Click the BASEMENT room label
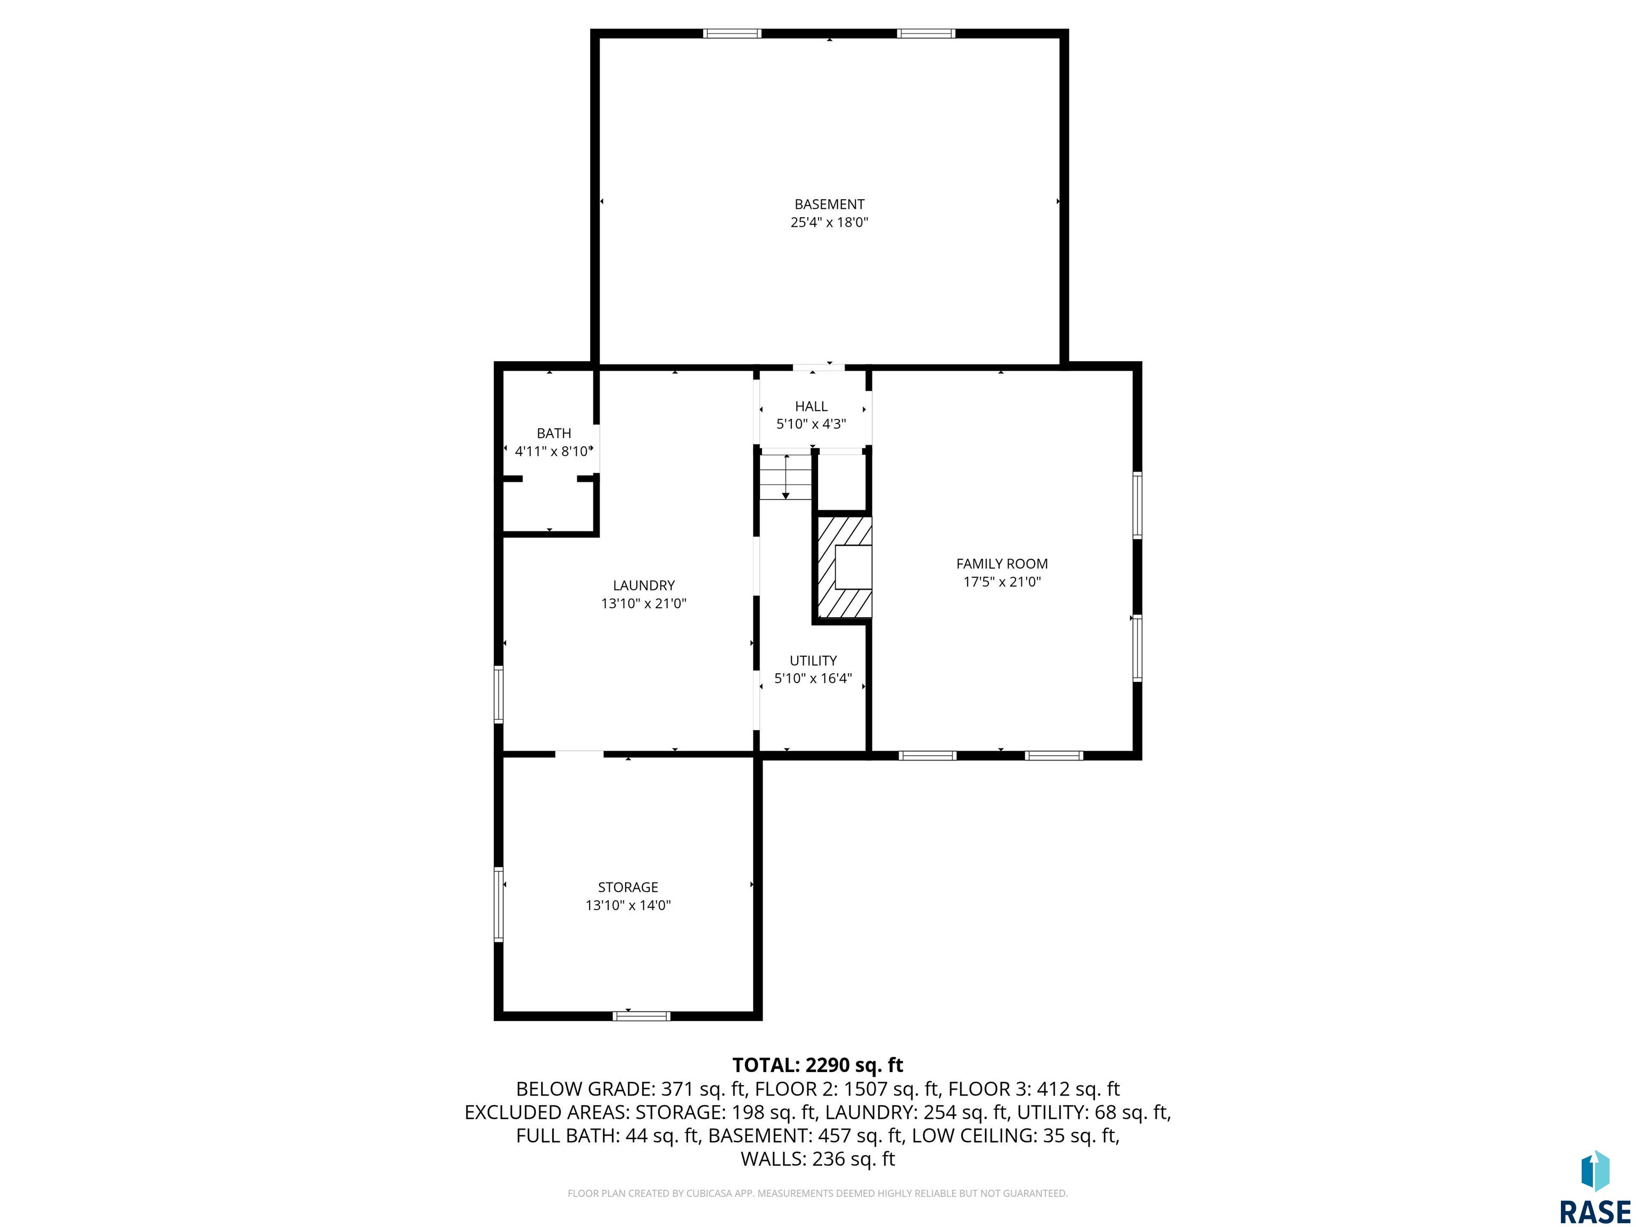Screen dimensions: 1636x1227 pyautogui.click(x=829, y=204)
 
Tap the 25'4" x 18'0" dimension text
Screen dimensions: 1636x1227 pyautogui.click(x=829, y=222)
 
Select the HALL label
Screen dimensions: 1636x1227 pyautogui.click(x=812, y=406)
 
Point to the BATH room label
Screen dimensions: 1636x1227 pyautogui.click(x=554, y=433)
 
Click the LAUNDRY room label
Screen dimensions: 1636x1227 pyautogui.click(x=643, y=586)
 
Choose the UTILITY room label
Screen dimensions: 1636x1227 pyautogui.click(x=813, y=660)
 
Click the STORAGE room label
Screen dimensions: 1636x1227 pyautogui.click(x=628, y=887)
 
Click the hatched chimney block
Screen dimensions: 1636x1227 pyautogui.click(x=843, y=567)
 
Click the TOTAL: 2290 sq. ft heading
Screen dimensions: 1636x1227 pyautogui.click(x=817, y=1065)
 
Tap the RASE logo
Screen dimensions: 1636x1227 pyautogui.click(x=1596, y=1187)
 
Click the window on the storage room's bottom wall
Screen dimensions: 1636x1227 pyautogui.click(x=641, y=1016)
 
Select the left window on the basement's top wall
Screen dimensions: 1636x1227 pyautogui.click(x=732, y=33)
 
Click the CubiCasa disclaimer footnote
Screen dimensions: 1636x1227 pyautogui.click(x=817, y=1193)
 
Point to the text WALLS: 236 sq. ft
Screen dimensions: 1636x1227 pyautogui.click(x=817, y=1159)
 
